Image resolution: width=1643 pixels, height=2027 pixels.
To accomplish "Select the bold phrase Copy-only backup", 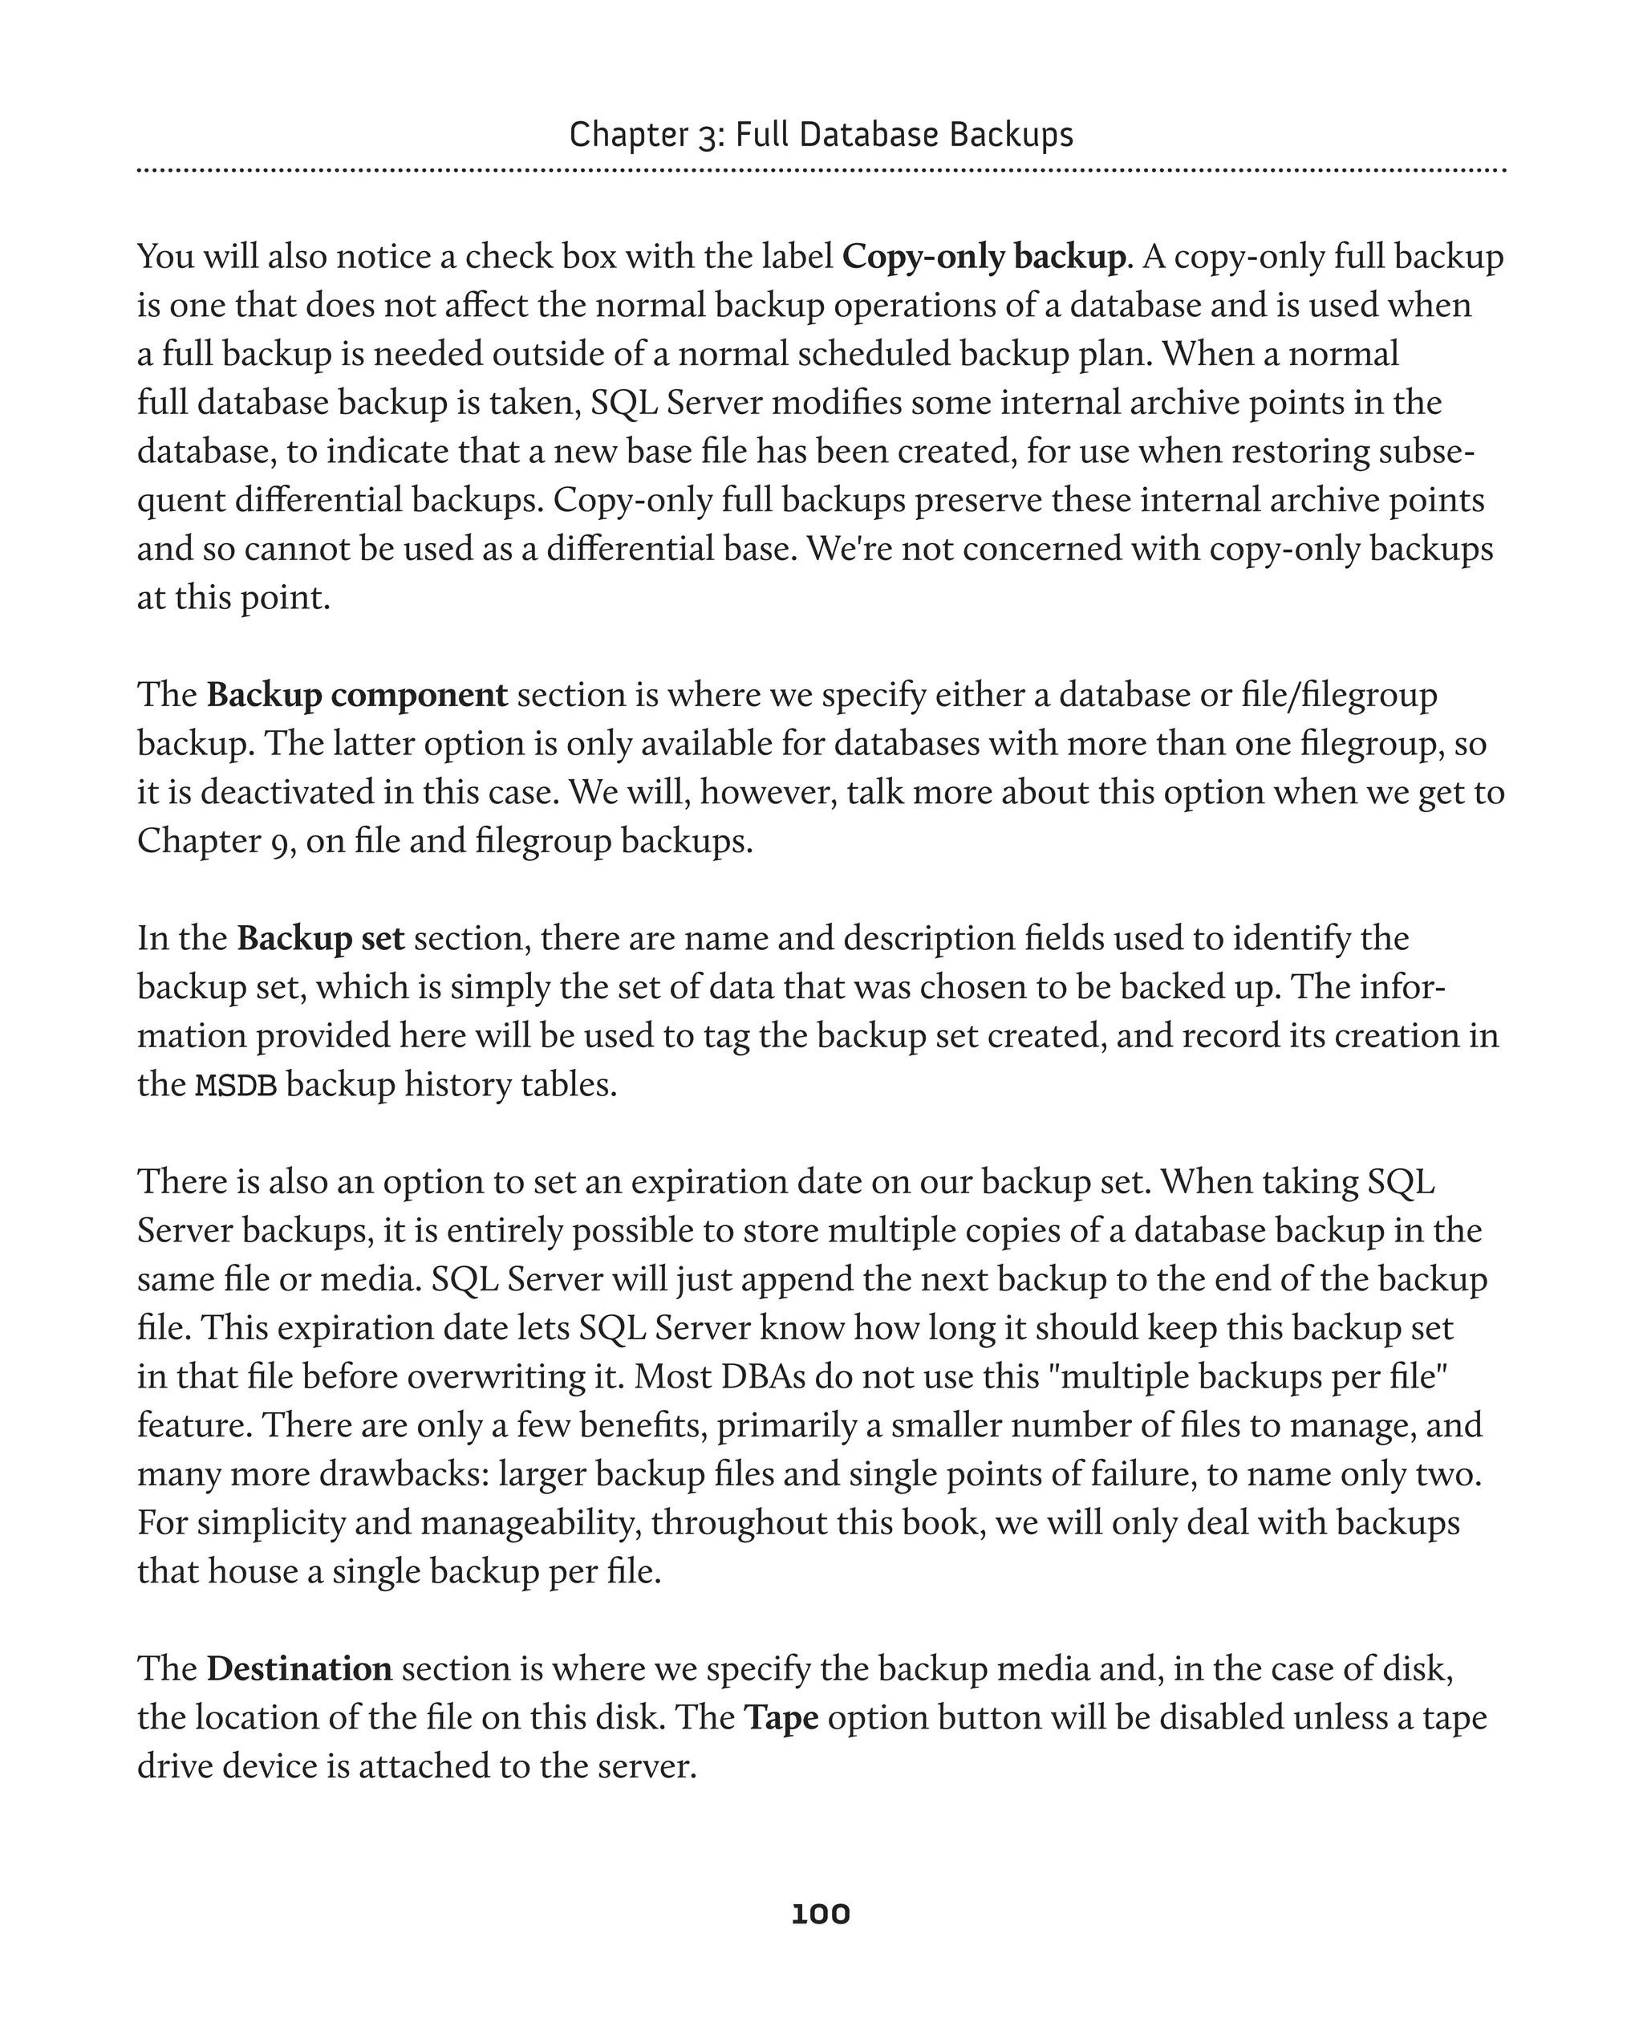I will pos(984,257).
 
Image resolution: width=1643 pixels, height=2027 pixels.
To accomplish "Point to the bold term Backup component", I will pos(357,695).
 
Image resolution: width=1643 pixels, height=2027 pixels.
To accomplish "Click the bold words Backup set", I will pos(320,938).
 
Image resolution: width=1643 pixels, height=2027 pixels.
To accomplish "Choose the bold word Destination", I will pos(299,1668).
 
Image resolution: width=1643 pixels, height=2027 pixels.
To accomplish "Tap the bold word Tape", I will pos(781,1717).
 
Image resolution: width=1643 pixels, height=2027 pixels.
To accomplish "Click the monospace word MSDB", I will pos(236,1085).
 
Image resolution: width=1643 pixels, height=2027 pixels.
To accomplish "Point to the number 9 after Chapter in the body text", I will pos(280,842).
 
